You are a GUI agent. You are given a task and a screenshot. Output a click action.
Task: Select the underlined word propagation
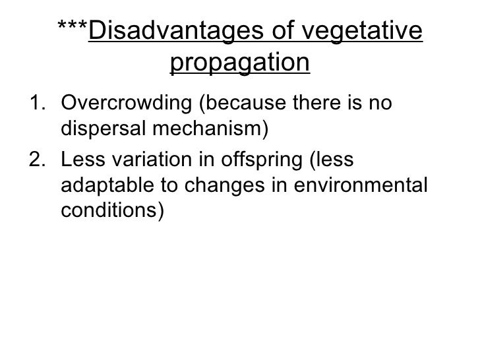click(x=240, y=63)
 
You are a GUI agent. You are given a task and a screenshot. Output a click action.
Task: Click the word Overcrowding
click(x=125, y=105)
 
